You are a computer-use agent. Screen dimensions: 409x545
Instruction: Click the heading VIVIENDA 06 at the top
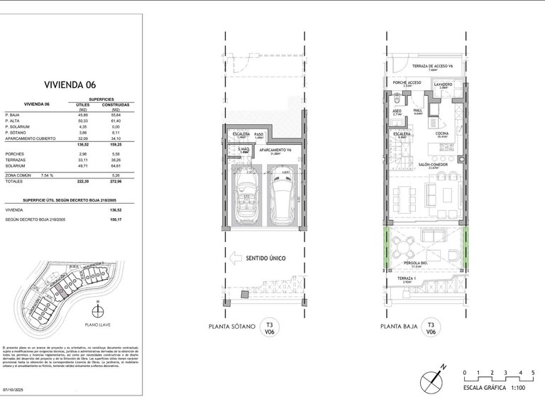(x=70, y=82)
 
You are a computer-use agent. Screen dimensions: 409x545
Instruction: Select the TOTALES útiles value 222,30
(x=82, y=182)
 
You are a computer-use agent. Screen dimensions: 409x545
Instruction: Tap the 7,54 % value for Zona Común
(x=45, y=175)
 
